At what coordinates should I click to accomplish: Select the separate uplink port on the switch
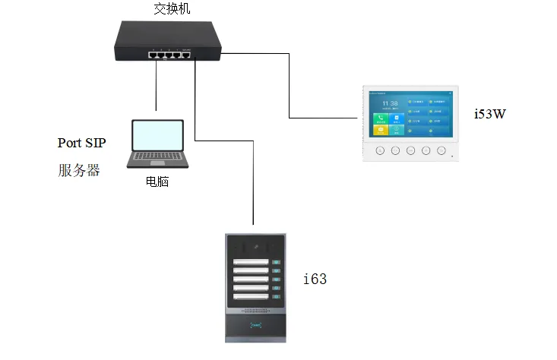coord(185,54)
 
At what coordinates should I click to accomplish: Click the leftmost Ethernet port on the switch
coord(153,54)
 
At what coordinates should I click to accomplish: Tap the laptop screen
coord(158,135)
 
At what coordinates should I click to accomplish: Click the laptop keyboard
coord(157,158)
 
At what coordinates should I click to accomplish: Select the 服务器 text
coord(79,170)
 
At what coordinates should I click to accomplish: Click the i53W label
coord(489,115)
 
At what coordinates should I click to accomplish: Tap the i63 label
coord(315,279)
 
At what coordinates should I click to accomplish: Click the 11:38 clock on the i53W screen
coord(390,103)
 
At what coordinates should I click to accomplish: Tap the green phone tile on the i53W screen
coord(380,118)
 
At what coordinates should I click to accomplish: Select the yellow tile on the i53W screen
coord(380,130)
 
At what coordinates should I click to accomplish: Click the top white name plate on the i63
coord(252,263)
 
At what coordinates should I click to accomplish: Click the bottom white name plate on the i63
coord(252,298)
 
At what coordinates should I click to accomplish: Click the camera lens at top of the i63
coord(257,245)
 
